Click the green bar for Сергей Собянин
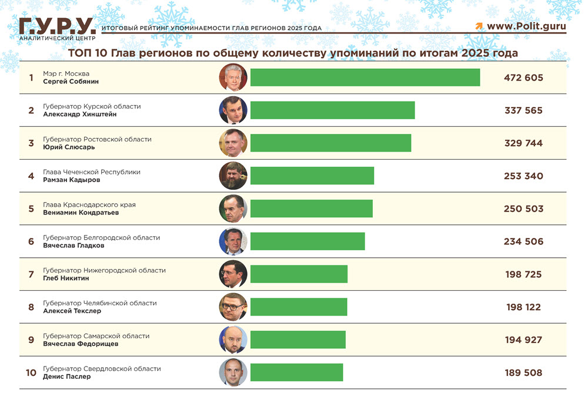pyautogui.click(x=365, y=78)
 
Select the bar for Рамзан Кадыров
pyautogui.click(x=312, y=176)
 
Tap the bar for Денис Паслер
pyautogui.click(x=296, y=372)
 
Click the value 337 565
pyautogui.click(x=523, y=110)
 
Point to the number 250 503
pyautogui.click(x=523, y=209)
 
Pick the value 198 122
pyautogui.click(x=523, y=307)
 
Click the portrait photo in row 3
pyautogui.click(x=233, y=143)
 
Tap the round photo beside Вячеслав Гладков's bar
pyautogui.click(x=233, y=241)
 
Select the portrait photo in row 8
pyautogui.click(x=233, y=307)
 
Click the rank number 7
pyautogui.click(x=31, y=274)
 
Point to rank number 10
pyautogui.click(x=31, y=373)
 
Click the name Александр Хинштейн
pyautogui.click(x=80, y=115)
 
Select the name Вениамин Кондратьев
pyautogui.click(x=81, y=213)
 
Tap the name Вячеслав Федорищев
pyautogui.click(x=81, y=344)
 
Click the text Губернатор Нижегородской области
pyautogui.click(x=104, y=270)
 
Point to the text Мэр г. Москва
pyautogui.click(x=65, y=73)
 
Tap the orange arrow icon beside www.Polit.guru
pyautogui.click(x=479, y=26)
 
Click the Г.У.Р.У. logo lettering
pyautogui.click(x=57, y=25)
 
